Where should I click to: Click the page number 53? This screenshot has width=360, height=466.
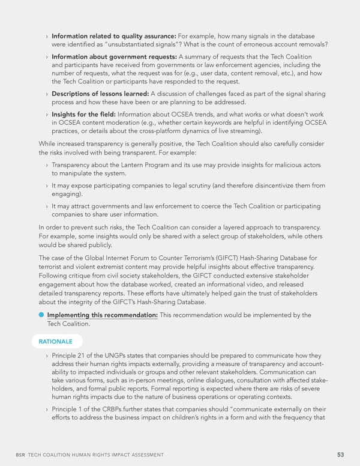click(340, 455)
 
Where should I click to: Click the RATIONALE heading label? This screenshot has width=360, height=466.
click(56, 341)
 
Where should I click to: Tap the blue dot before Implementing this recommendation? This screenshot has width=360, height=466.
click(41, 315)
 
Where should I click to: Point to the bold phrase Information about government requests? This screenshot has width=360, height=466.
click(113, 56)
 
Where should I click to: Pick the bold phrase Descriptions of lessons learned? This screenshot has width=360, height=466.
click(100, 94)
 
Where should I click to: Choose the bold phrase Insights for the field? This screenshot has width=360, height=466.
click(88, 114)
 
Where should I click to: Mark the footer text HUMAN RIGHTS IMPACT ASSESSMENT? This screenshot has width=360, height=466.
click(119, 455)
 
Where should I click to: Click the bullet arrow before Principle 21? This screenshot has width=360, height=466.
click(47, 356)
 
